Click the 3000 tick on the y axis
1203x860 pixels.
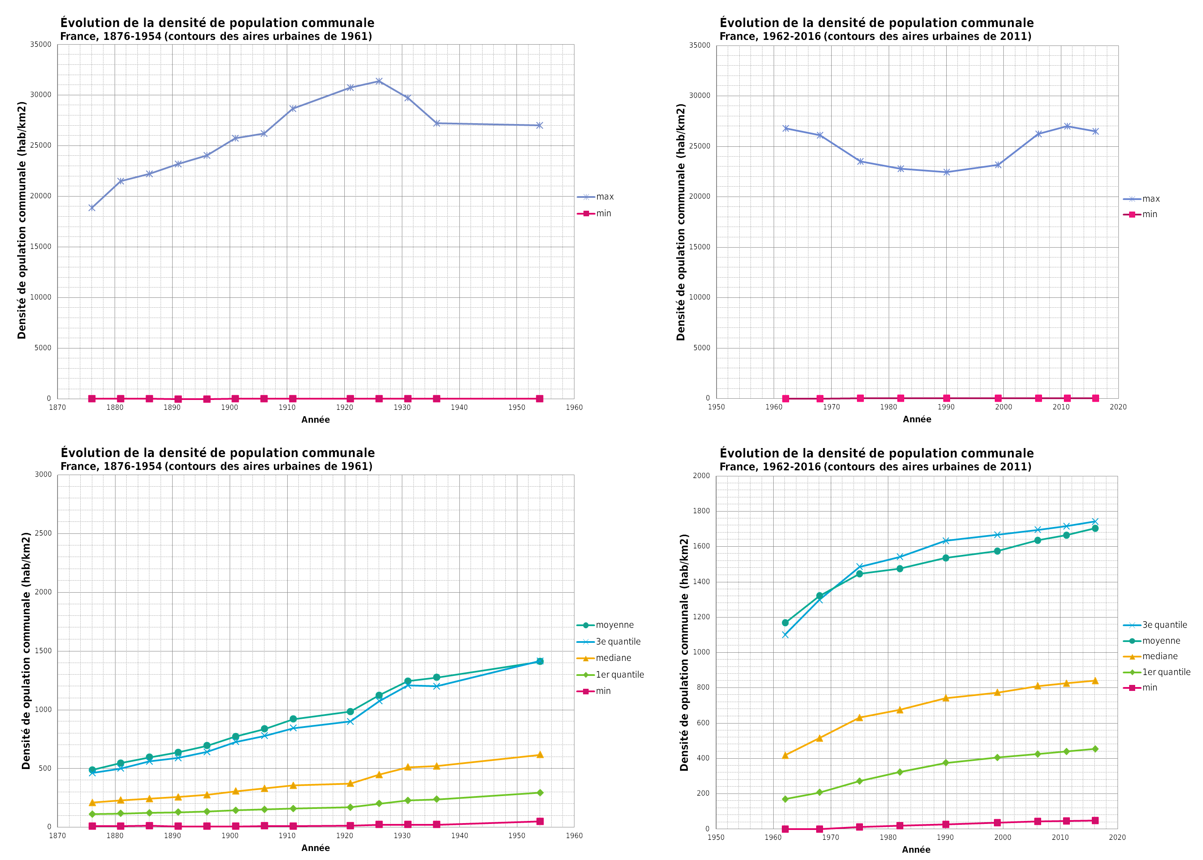[x=43, y=475]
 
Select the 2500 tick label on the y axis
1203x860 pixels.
[x=43, y=533]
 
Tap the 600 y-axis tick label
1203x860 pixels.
[x=703, y=723]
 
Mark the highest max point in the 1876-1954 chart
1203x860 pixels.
[x=379, y=81]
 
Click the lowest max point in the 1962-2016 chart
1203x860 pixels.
[x=946, y=172]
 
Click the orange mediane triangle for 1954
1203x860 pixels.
[x=540, y=754]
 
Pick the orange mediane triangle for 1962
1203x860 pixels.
[x=785, y=755]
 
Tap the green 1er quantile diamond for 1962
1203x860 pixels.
[x=785, y=799]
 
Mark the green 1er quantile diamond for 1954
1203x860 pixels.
[x=540, y=793]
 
